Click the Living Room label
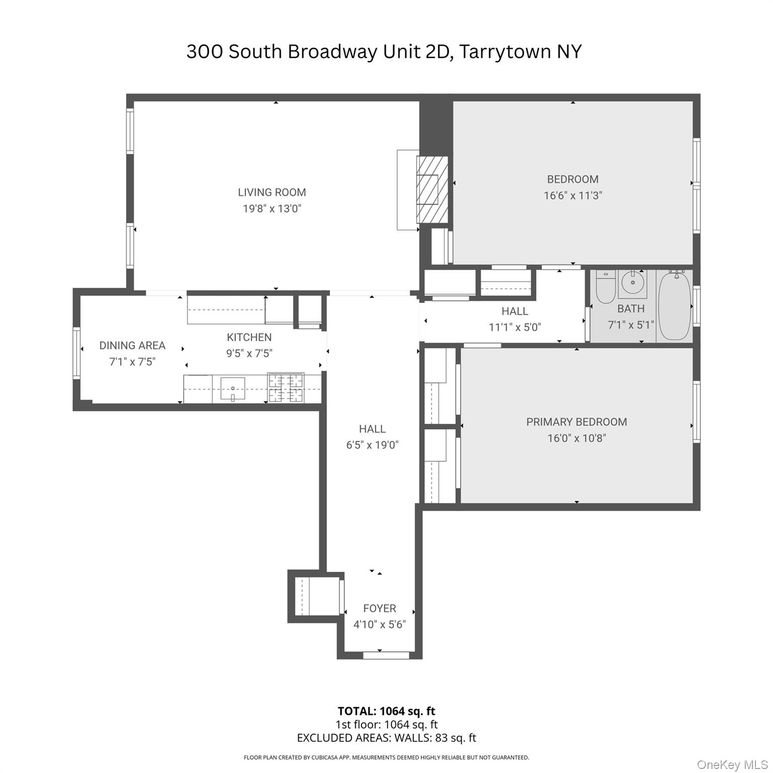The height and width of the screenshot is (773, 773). tap(272, 192)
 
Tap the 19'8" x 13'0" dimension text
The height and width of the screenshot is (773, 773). tap(272, 208)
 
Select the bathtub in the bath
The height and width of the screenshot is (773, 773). tap(674, 306)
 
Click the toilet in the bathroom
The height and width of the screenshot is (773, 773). tap(605, 288)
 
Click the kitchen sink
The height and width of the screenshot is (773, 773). tap(233, 389)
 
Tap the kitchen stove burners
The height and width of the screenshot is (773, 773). tap(286, 388)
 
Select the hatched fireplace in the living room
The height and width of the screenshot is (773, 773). tap(432, 189)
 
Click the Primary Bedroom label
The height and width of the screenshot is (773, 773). tap(576, 422)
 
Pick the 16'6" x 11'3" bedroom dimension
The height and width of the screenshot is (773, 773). tap(573, 195)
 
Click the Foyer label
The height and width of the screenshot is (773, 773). tap(379, 608)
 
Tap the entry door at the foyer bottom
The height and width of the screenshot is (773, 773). tap(386, 655)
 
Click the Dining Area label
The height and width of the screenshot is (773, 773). tap(132, 345)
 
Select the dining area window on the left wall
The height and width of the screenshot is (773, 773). tap(76, 352)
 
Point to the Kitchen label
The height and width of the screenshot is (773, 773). tap(249, 337)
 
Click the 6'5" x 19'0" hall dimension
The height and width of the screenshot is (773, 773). tap(372, 445)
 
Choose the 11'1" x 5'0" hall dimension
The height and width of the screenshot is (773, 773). tap(515, 327)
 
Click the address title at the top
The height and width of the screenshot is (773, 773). tap(384, 51)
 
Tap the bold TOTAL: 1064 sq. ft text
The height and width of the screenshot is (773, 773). tap(386, 711)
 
